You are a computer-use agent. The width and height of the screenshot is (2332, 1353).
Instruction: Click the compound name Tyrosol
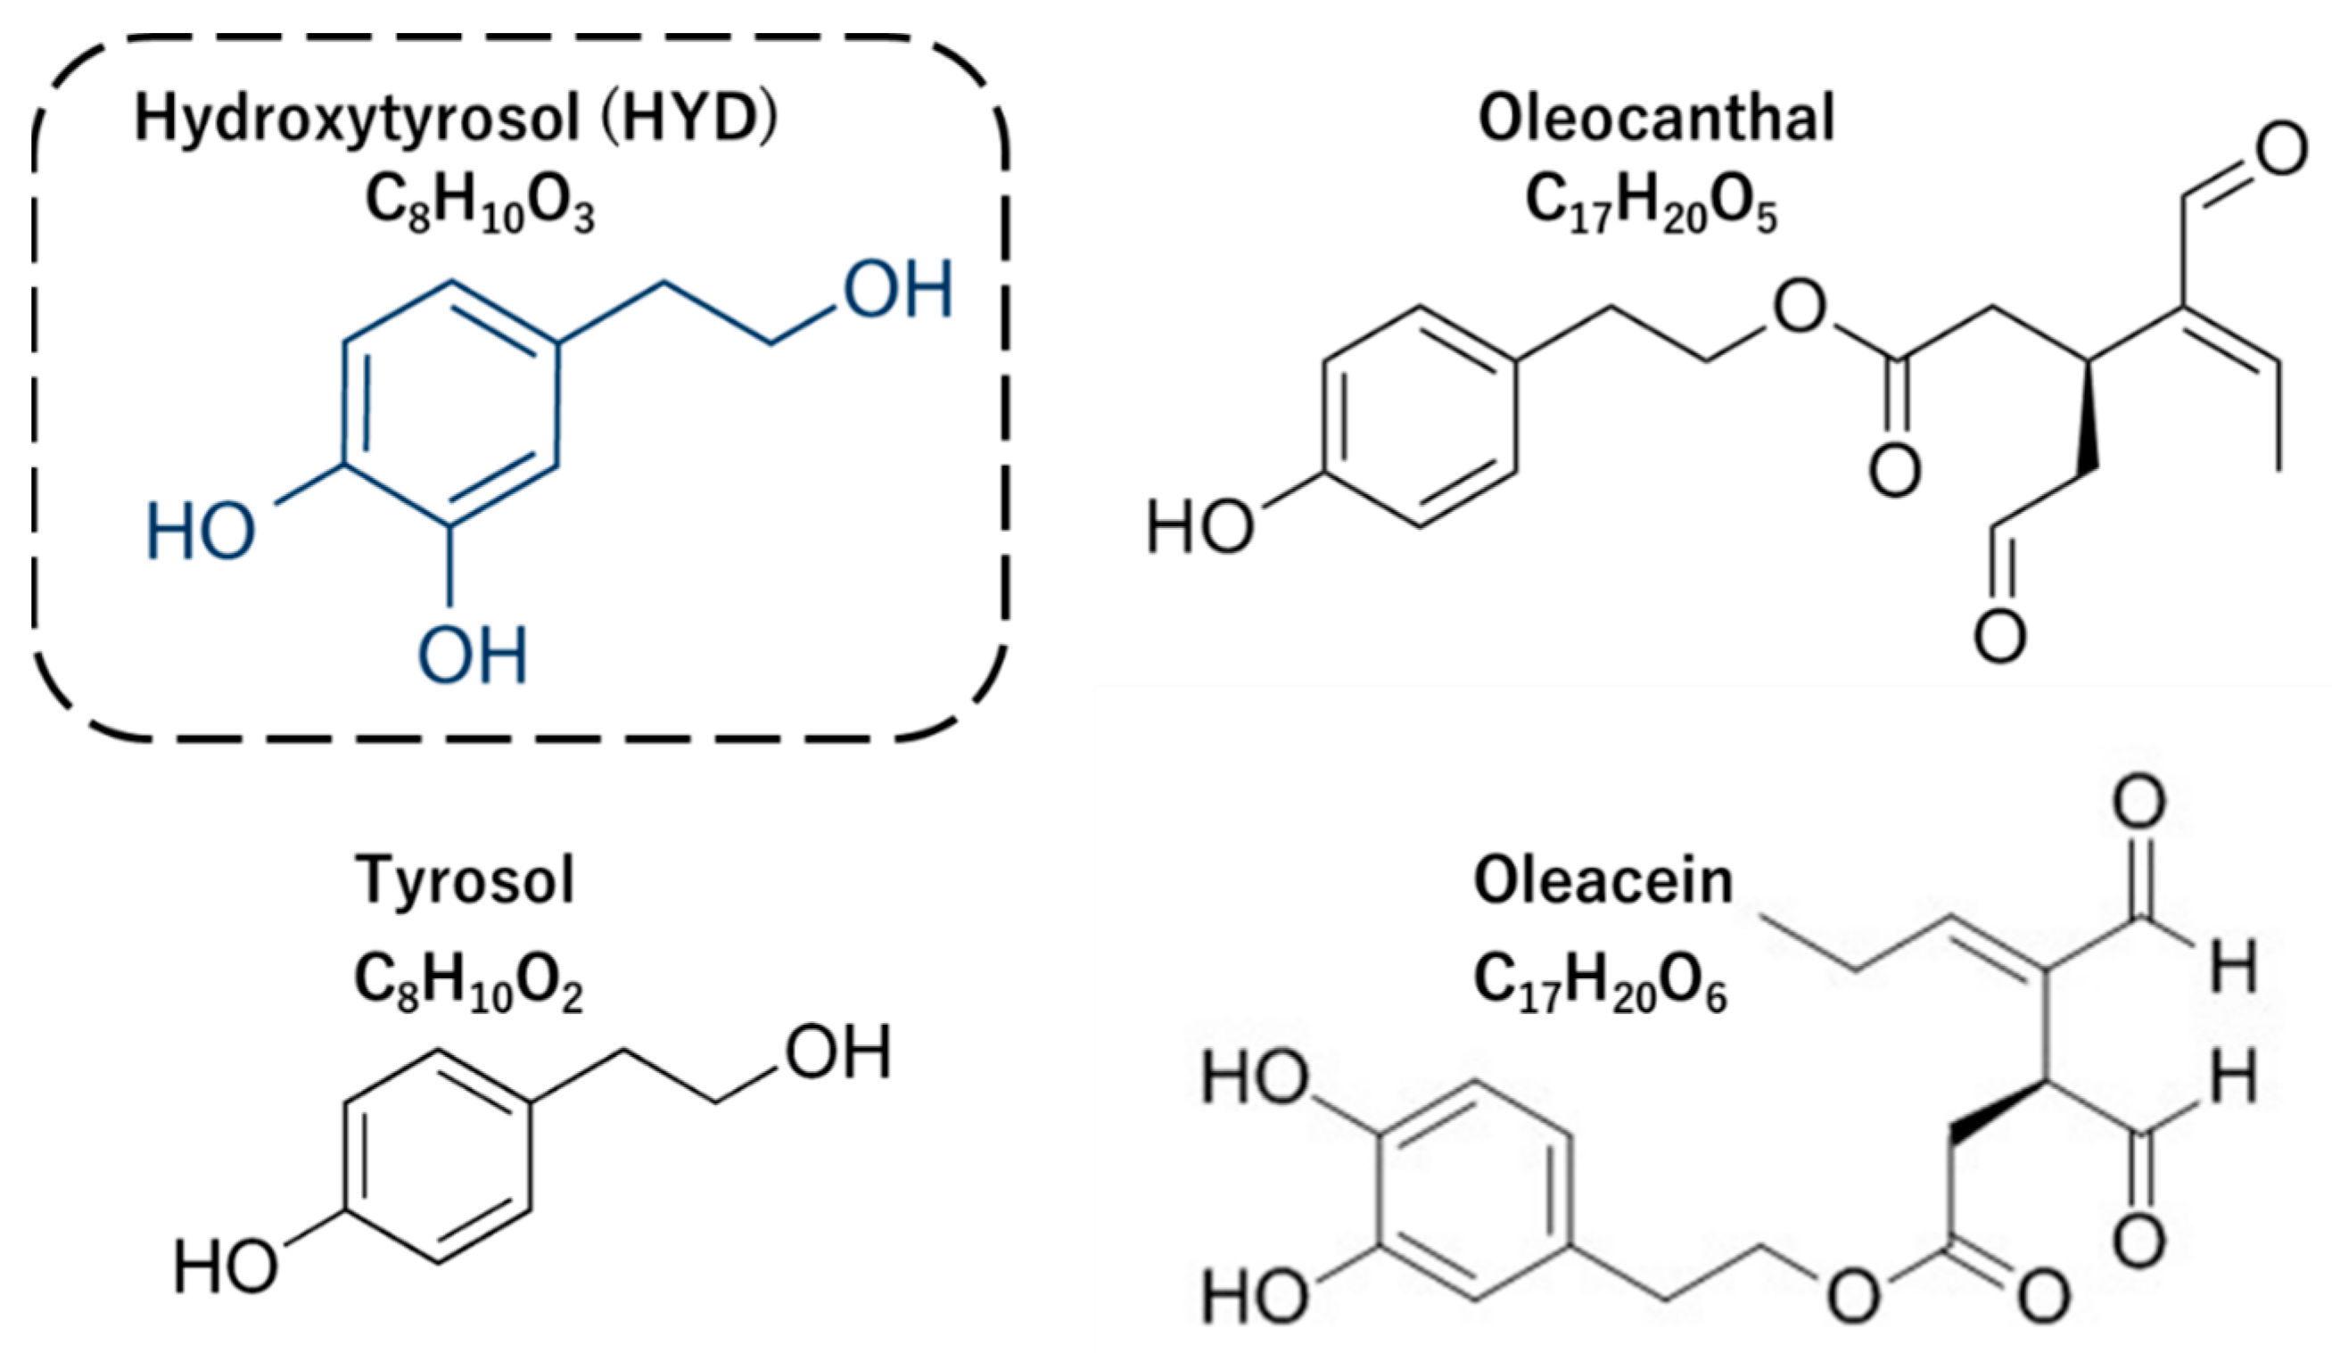(465, 881)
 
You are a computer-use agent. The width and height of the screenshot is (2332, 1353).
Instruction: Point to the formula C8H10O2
(468, 985)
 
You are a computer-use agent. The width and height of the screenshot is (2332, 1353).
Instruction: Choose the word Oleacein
(1603, 881)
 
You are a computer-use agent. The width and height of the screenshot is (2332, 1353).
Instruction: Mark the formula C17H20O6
(1600, 985)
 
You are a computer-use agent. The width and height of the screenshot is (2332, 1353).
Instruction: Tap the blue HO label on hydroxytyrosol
(201, 532)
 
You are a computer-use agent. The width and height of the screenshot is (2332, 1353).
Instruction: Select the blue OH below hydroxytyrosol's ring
(473, 656)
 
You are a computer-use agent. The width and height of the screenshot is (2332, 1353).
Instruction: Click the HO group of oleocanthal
(1200, 527)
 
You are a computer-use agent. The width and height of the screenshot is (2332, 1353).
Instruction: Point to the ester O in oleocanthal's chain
(1799, 309)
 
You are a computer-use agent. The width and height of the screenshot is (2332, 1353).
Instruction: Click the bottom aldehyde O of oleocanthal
(1999, 636)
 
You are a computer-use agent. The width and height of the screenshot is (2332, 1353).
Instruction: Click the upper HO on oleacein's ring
(1255, 1079)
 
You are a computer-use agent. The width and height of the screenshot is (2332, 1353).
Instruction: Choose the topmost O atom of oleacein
(2139, 803)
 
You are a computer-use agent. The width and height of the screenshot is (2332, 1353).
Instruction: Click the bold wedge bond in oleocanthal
(2089, 417)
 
